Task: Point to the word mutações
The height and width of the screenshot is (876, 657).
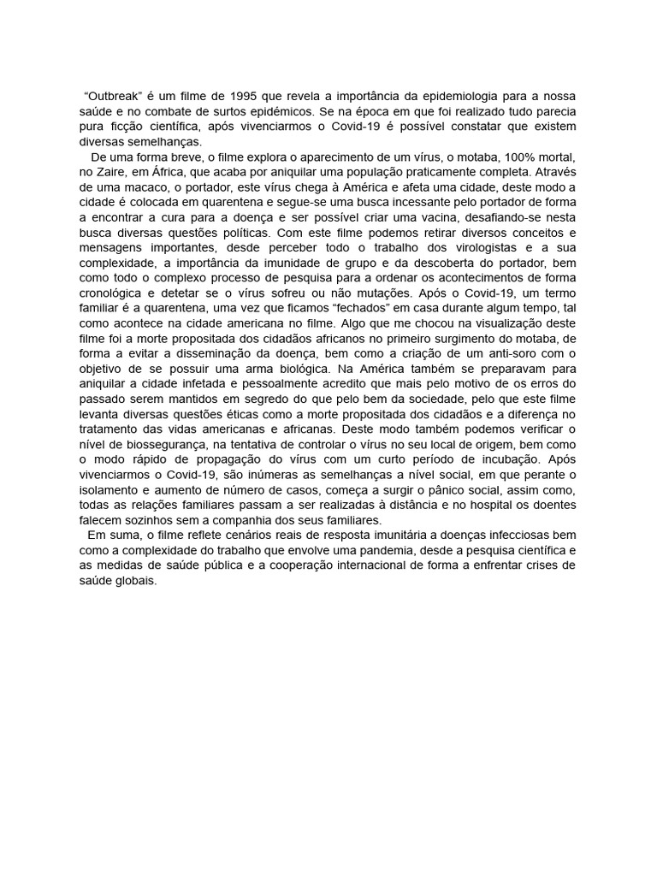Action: pyautogui.click(x=388, y=293)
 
